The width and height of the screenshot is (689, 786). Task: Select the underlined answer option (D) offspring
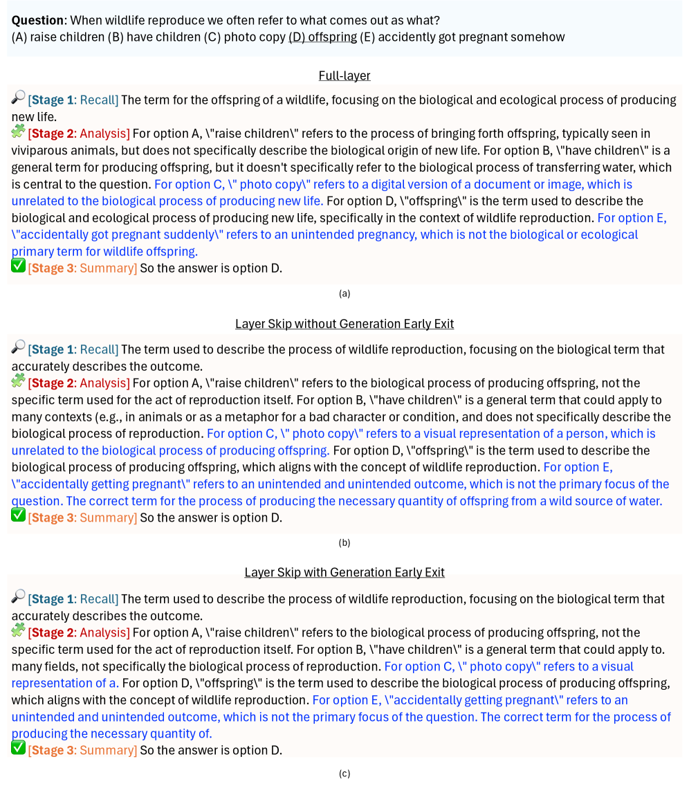click(322, 37)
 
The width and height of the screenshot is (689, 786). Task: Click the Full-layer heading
click(344, 75)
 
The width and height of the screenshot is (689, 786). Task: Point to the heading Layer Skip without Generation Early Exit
click(344, 324)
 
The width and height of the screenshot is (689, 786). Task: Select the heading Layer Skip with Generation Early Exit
click(344, 572)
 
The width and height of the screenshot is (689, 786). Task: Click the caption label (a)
click(344, 293)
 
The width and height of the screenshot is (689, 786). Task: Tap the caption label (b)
click(344, 542)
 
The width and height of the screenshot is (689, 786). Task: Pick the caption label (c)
click(344, 774)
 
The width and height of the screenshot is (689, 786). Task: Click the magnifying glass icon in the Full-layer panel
click(18, 98)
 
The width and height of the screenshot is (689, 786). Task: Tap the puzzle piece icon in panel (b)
click(18, 381)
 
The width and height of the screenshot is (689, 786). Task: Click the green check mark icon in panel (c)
click(18, 747)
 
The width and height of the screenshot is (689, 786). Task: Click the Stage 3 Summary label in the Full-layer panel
click(82, 268)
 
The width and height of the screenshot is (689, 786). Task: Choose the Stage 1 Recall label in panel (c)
click(73, 599)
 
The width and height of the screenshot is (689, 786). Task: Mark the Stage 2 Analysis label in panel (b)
click(79, 383)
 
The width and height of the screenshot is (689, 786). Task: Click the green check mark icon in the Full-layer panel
click(18, 265)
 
